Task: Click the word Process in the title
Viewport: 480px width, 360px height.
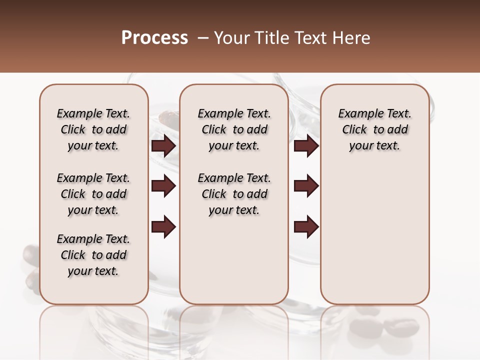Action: point(154,38)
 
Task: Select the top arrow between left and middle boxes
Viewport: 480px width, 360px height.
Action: point(163,146)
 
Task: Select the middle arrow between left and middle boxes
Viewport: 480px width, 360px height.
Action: point(163,186)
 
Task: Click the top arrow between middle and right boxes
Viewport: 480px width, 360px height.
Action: point(306,146)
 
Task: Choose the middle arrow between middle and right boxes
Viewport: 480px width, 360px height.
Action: point(306,186)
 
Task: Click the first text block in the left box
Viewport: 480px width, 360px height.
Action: point(93,129)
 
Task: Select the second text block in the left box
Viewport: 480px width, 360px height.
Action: point(93,194)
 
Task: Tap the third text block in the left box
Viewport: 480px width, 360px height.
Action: point(93,255)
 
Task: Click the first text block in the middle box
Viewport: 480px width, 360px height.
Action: point(234,129)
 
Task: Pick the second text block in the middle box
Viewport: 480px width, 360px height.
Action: point(234,194)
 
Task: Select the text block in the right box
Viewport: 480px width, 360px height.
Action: point(374,129)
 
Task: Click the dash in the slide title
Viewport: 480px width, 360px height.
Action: point(202,38)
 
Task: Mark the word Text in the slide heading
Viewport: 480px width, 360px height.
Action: point(310,38)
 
